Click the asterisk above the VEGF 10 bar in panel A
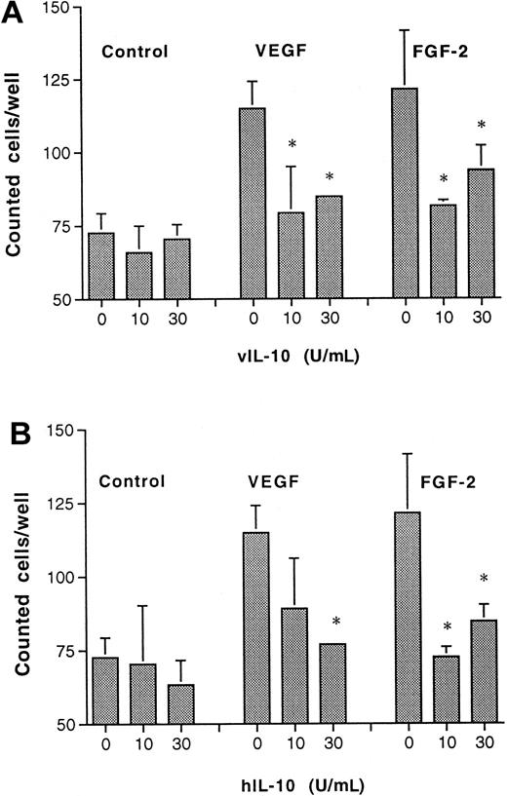[x=292, y=144]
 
